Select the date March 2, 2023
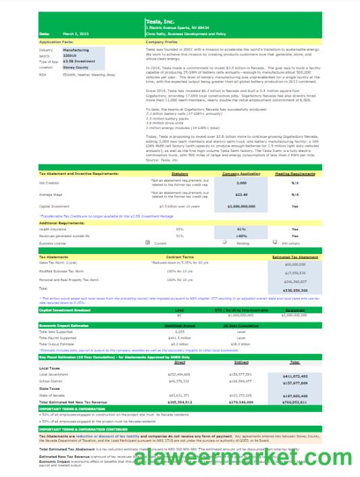pyautogui.click(x=76, y=33)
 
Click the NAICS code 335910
pyautogui.click(x=71, y=55)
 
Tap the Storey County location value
pyautogui.click(x=76, y=68)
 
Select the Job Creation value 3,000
pyautogui.click(x=241, y=182)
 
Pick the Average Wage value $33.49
pyautogui.click(x=241, y=194)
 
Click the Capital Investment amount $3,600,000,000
pyautogui.click(x=241, y=206)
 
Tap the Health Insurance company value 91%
pyautogui.click(x=241, y=229)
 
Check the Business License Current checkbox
pyautogui.click(x=149, y=242)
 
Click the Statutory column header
pyautogui.click(x=180, y=174)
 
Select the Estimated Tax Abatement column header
pyautogui.click(x=295, y=257)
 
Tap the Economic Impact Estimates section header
pyautogui.click(x=65, y=324)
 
